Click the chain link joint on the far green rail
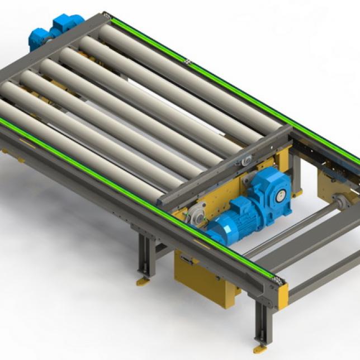click(187, 59)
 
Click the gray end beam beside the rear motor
click(34, 56)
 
